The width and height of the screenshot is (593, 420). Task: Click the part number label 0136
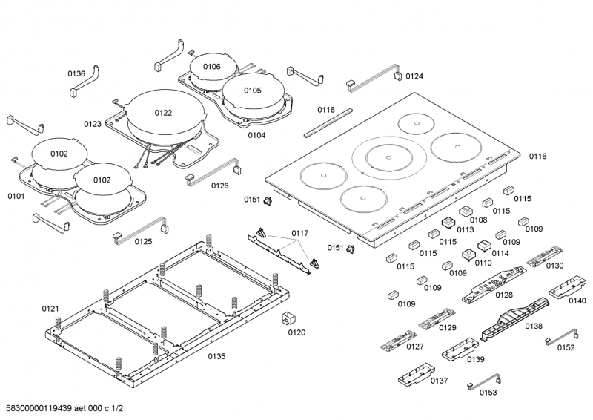tap(77, 73)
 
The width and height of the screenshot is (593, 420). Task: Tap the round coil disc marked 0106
tap(211, 68)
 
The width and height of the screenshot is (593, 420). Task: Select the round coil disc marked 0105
tap(252, 91)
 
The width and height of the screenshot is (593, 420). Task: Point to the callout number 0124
tap(414, 76)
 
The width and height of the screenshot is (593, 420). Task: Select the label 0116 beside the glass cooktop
tap(537, 157)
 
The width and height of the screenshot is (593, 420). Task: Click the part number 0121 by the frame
tap(50, 308)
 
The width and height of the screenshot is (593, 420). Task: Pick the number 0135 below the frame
tap(216, 357)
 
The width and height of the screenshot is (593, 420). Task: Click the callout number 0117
tap(299, 234)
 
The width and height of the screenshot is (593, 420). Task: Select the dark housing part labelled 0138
tap(511, 320)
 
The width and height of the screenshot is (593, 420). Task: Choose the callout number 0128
tap(504, 295)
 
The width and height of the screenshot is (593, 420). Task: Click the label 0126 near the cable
tap(219, 186)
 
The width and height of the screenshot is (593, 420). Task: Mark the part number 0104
tap(256, 135)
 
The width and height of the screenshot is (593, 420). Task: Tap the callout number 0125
tap(143, 242)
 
